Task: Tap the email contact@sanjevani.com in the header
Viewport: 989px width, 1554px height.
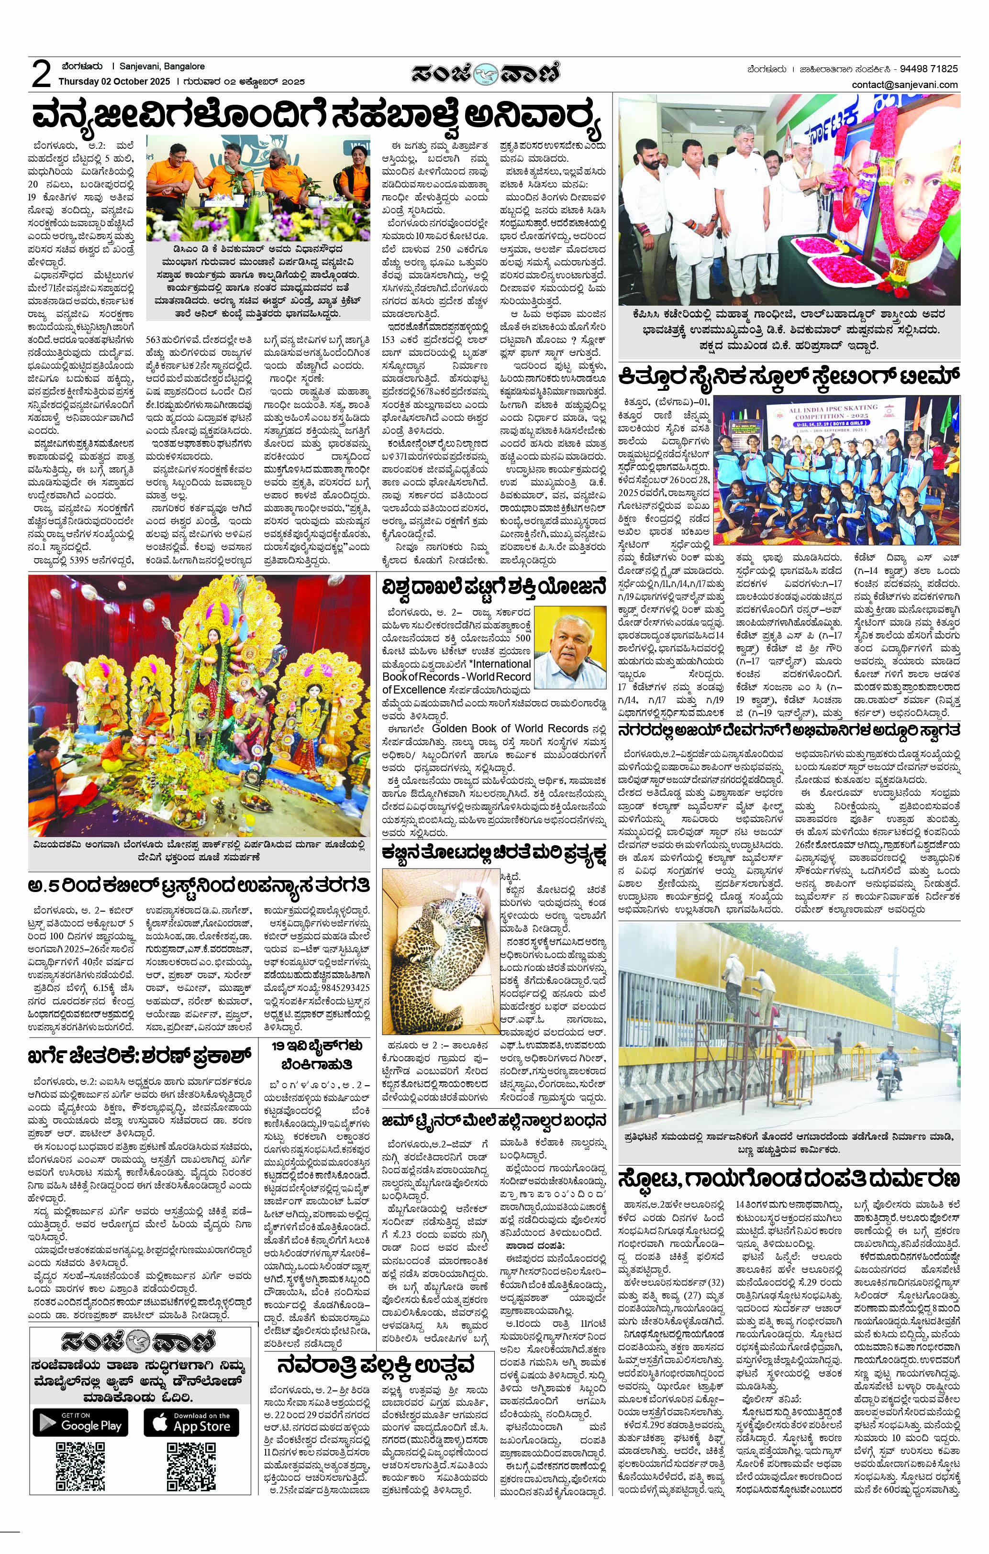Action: (x=904, y=85)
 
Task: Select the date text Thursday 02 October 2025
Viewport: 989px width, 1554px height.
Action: (x=114, y=82)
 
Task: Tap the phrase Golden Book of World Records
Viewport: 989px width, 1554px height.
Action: (x=510, y=728)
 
